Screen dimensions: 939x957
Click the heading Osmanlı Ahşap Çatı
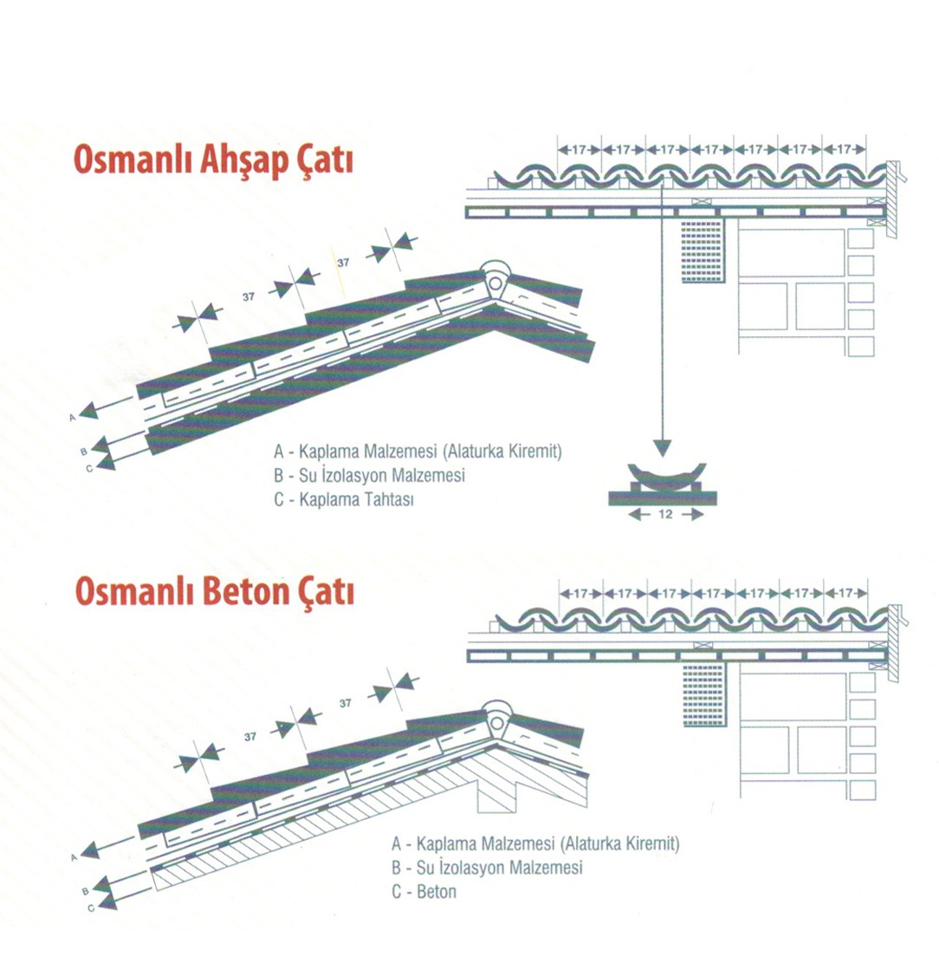[213, 160]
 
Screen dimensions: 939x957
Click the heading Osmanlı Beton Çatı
[214, 591]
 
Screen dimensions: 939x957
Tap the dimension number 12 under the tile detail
[665, 514]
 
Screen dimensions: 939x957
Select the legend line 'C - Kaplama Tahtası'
[344, 499]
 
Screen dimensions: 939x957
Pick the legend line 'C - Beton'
[424, 892]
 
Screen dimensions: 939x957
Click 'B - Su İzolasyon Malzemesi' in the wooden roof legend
[370, 475]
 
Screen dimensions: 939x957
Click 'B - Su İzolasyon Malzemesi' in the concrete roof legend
[487, 867]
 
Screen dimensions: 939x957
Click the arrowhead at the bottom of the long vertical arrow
[662, 448]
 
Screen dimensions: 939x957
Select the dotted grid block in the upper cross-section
[702, 251]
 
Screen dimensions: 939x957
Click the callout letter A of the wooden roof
[73, 418]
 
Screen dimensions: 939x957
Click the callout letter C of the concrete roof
[91, 908]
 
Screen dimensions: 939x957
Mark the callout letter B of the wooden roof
[83, 452]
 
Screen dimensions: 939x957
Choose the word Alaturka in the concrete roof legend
[589, 843]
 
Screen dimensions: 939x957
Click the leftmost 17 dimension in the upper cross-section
[580, 149]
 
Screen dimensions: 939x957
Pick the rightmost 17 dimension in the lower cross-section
[845, 593]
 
